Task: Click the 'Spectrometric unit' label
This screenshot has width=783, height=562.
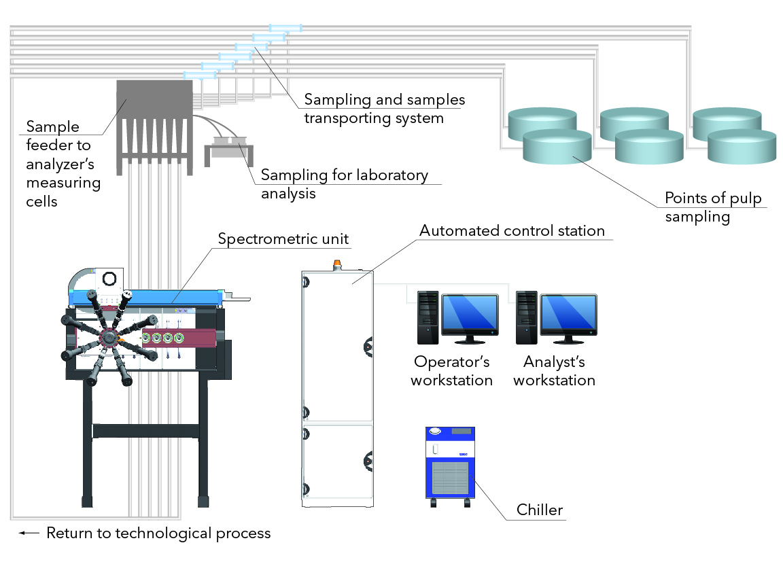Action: pyautogui.click(x=283, y=239)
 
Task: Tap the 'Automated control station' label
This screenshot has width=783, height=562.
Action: pyautogui.click(x=512, y=231)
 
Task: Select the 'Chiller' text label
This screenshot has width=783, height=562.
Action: pyautogui.click(x=540, y=510)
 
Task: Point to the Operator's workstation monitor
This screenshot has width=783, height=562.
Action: pyautogui.click(x=470, y=317)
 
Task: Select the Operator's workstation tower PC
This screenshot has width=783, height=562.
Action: pyautogui.click(x=427, y=317)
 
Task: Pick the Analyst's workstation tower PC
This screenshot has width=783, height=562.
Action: pyautogui.click(x=527, y=317)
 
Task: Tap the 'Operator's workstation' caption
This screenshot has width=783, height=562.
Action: pyautogui.click(x=451, y=371)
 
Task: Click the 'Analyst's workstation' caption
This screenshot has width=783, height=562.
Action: pyautogui.click(x=554, y=371)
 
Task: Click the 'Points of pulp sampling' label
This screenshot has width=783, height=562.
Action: pyautogui.click(x=713, y=208)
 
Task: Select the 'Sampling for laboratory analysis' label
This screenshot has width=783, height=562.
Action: pyautogui.click(x=345, y=184)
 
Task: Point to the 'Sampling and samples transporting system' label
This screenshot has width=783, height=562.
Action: pyautogui.click(x=384, y=109)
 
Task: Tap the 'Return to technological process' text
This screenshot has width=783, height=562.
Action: pyautogui.click(x=158, y=533)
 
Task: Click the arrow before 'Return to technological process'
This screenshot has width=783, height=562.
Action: pyautogui.click(x=29, y=533)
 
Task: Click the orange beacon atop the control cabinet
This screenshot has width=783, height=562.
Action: pyautogui.click(x=336, y=263)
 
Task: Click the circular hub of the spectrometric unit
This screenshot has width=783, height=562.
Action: pyautogui.click(x=108, y=338)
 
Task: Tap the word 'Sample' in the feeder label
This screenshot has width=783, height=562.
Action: pyautogui.click(x=53, y=127)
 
